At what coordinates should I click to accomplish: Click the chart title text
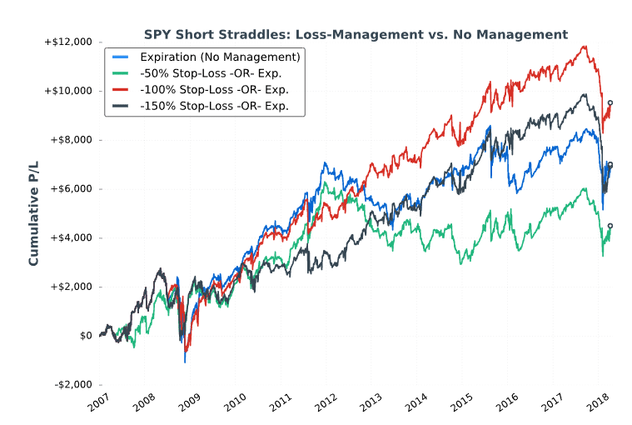point(356,35)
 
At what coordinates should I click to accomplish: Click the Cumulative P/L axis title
point(34,212)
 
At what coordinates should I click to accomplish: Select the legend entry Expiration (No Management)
point(220,57)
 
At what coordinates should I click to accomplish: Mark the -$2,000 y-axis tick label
point(74,385)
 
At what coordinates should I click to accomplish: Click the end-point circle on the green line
point(610,226)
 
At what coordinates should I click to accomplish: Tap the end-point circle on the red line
point(610,103)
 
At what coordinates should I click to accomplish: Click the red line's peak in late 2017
point(585,47)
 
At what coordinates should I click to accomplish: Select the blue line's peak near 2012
point(323,163)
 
